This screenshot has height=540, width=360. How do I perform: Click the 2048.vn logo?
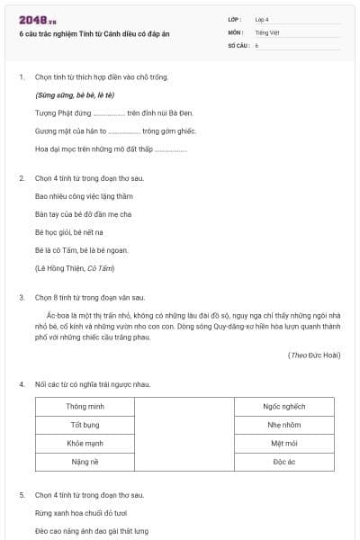[x=37, y=19]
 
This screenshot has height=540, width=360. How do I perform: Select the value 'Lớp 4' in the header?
[x=262, y=18]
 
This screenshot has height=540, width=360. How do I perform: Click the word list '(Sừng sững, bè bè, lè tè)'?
[x=74, y=94]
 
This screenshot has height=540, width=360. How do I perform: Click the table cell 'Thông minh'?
[x=85, y=406]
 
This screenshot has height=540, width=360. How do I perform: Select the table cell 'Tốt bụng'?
[x=85, y=425]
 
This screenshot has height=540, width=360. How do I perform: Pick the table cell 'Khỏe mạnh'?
[x=85, y=443]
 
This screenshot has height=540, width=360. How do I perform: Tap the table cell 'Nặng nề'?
[x=85, y=462]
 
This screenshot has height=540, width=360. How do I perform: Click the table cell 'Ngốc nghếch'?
[x=284, y=406]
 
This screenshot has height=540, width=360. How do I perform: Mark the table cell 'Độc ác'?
[x=284, y=462]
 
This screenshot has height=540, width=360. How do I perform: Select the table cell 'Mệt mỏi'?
[x=284, y=443]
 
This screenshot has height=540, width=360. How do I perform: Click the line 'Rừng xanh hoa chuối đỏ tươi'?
[x=86, y=513]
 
